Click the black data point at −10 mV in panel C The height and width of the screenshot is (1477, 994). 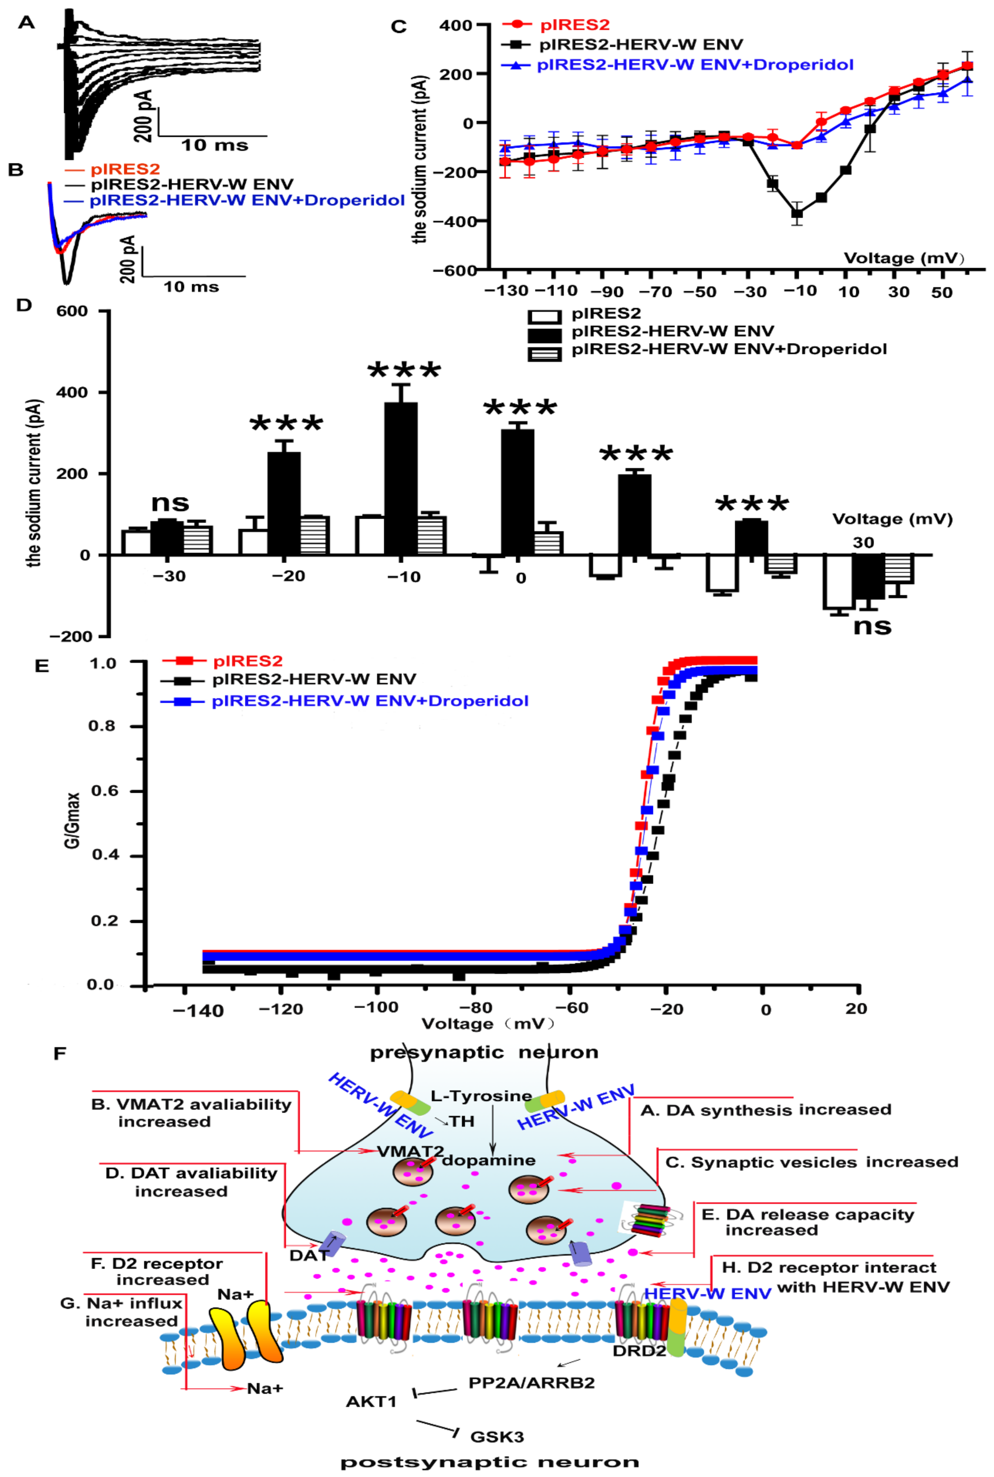(x=797, y=214)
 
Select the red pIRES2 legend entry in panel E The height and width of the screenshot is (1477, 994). (x=247, y=661)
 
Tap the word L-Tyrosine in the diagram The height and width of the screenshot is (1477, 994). (x=481, y=1096)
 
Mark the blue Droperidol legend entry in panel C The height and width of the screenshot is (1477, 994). (x=695, y=65)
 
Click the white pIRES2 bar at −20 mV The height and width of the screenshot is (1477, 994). (x=252, y=542)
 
